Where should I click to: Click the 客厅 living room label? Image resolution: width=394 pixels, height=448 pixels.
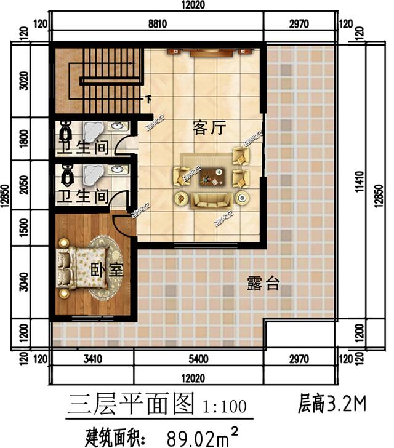pyautogui.click(x=209, y=128)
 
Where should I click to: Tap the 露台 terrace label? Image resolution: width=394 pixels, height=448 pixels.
pyautogui.click(x=263, y=284)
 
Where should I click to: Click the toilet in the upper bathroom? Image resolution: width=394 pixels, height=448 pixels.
pyautogui.click(x=67, y=132)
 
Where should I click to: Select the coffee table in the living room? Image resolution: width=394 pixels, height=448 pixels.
pyautogui.click(x=210, y=177)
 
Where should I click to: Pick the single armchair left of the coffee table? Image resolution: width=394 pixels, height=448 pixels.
pyautogui.click(x=182, y=177)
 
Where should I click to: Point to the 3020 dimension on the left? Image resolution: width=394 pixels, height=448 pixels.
pyautogui.click(x=23, y=81)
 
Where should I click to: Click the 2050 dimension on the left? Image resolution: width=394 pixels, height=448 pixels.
pyautogui.click(x=23, y=184)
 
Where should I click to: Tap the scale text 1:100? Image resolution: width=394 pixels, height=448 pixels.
pyautogui.click(x=224, y=407)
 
